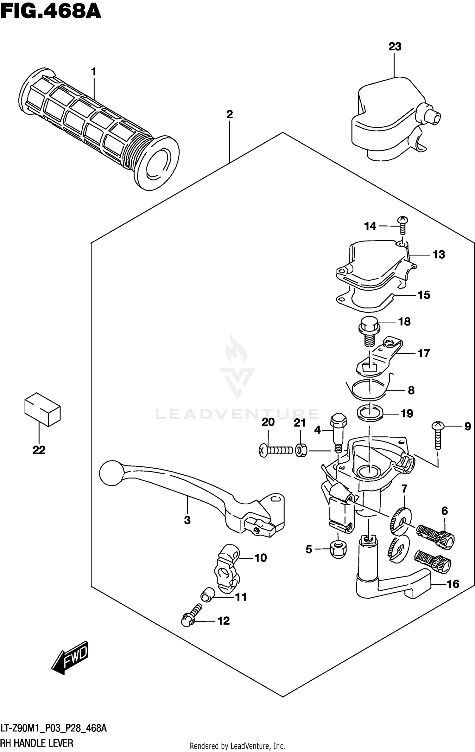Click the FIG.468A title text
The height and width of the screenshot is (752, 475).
(x=51, y=12)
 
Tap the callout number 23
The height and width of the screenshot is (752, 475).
(x=395, y=47)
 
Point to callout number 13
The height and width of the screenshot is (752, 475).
(x=439, y=254)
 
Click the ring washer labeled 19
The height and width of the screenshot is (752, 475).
(x=370, y=413)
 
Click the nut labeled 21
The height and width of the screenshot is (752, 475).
(x=301, y=450)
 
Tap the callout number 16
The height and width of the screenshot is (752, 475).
(x=453, y=584)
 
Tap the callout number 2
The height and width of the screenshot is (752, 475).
(x=230, y=114)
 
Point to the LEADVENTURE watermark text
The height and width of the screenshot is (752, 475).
(x=237, y=415)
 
